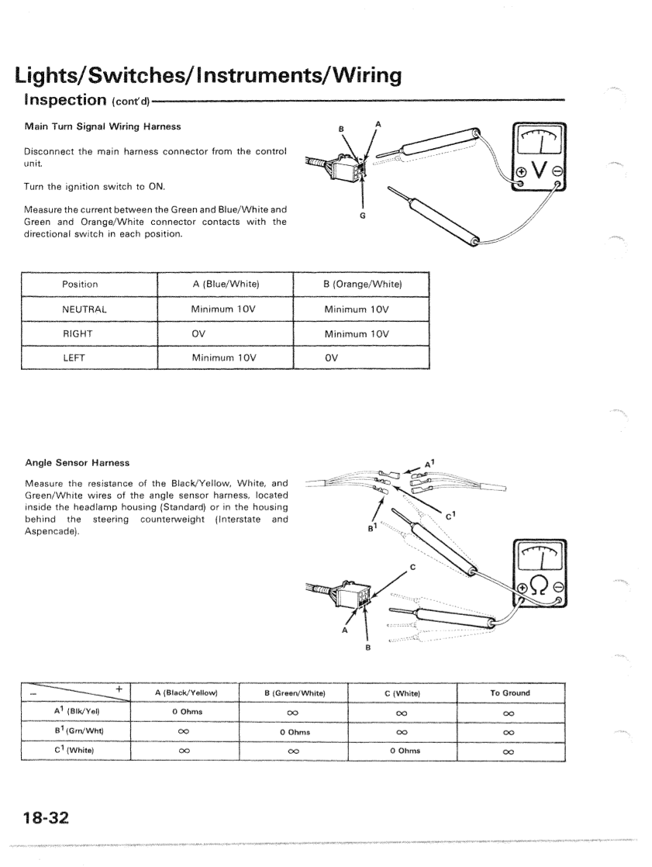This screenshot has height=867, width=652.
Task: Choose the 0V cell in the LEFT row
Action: [x=330, y=359]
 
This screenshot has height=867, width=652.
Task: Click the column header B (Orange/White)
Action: [x=363, y=285]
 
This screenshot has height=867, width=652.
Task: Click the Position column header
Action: [x=79, y=285]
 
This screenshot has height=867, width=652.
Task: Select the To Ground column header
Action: [x=511, y=693]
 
